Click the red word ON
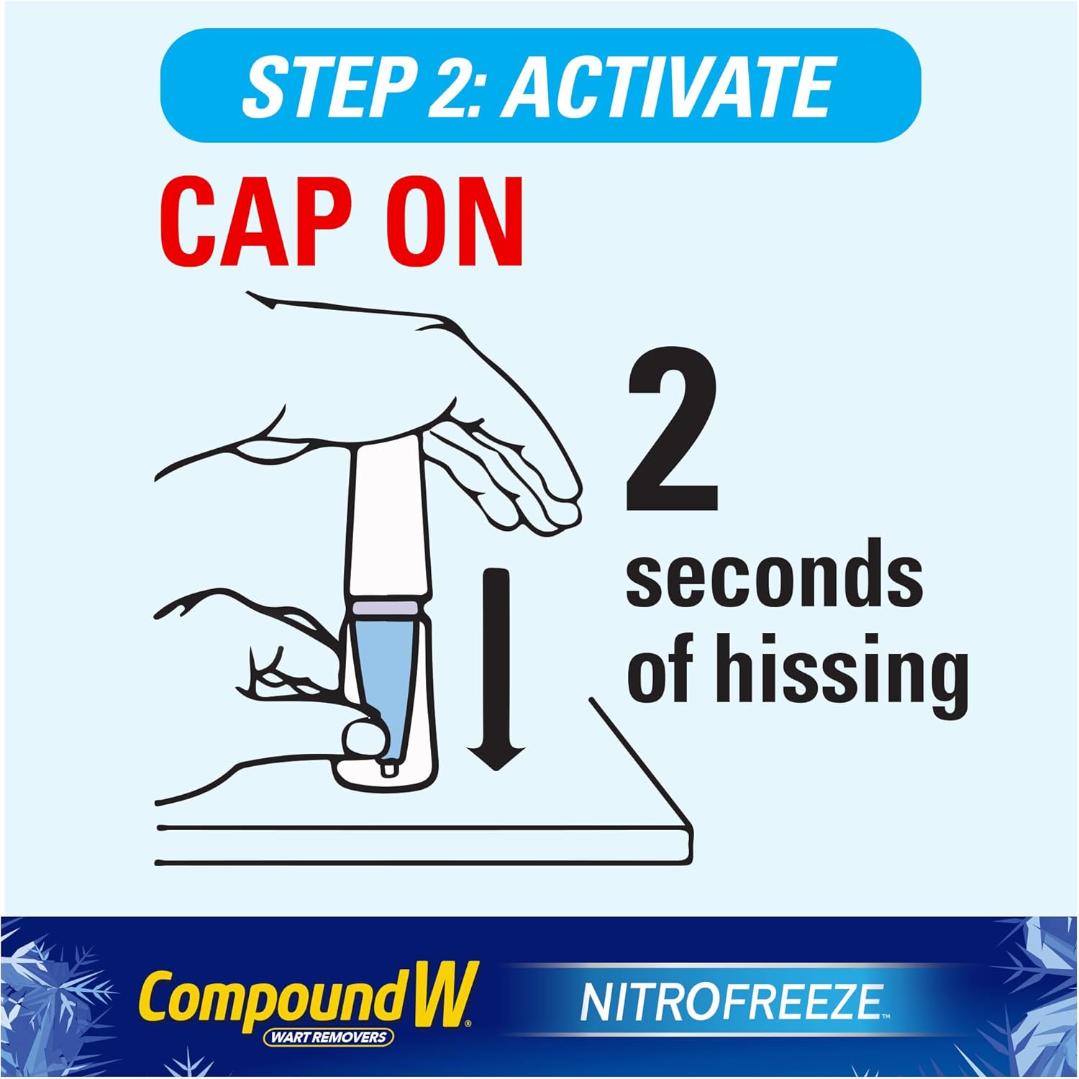tap(455, 222)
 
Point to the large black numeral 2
tap(673, 429)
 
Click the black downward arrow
tap(496, 669)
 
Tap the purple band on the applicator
tap(385, 608)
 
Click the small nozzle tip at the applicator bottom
tap(389, 768)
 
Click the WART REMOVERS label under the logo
tap(328, 1037)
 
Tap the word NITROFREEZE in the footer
tap(731, 1002)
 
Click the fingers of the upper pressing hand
tap(511, 482)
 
